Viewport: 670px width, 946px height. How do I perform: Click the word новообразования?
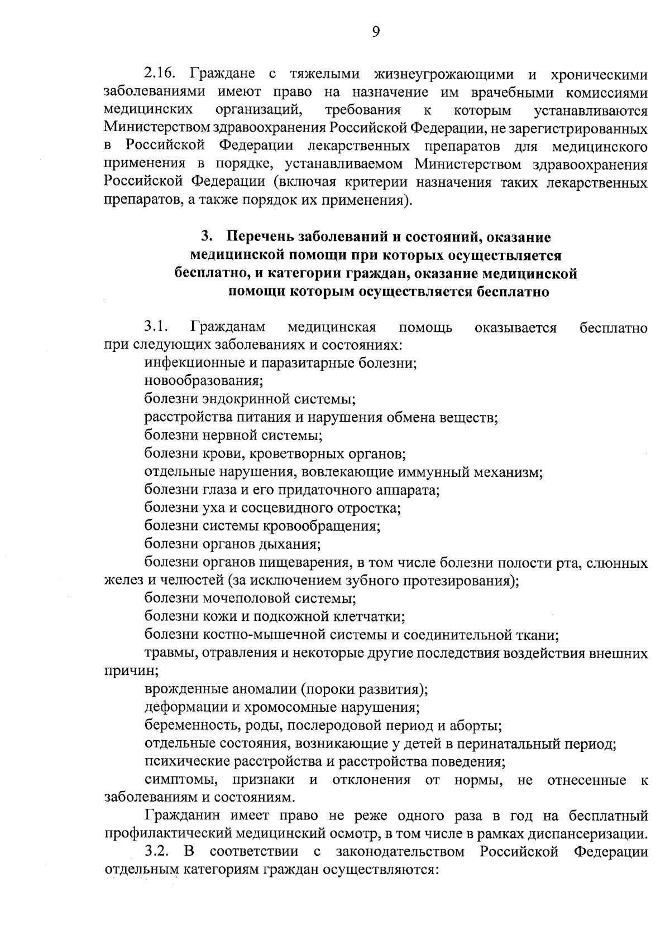(203, 381)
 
